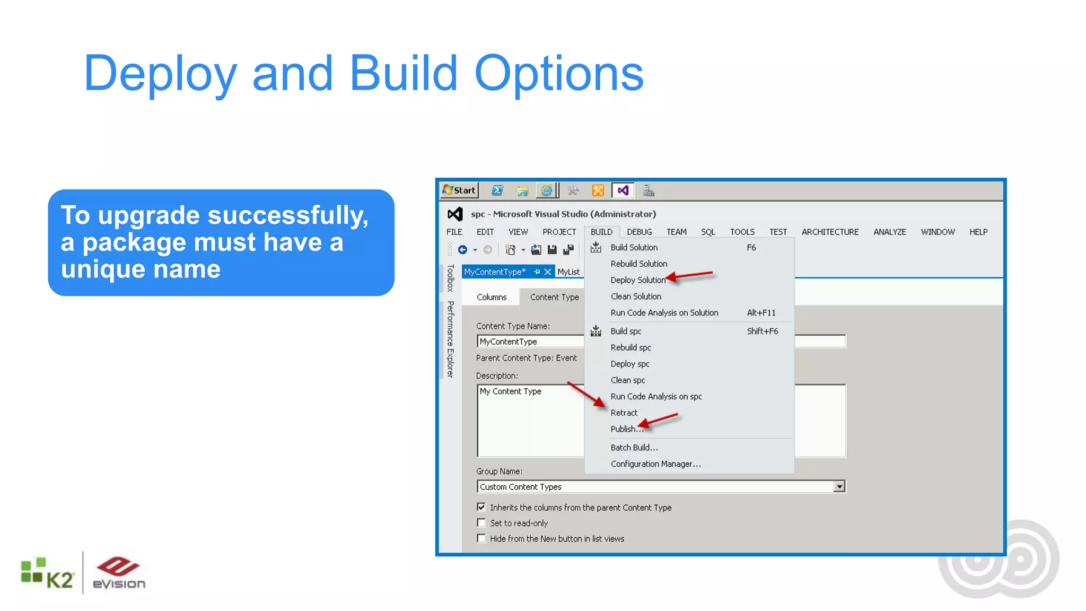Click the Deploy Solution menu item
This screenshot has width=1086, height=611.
click(637, 280)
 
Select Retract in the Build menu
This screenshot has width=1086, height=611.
click(624, 413)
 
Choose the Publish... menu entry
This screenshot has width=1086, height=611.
click(626, 429)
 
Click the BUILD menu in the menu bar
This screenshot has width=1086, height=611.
click(601, 232)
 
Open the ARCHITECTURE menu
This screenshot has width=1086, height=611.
click(830, 232)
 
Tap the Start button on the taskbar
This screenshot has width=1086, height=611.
click(460, 190)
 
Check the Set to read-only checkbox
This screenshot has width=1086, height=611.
click(481, 523)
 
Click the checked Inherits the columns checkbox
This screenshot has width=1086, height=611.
click(481, 507)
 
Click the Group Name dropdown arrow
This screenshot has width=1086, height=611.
click(839, 487)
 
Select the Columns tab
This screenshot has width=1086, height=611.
click(492, 297)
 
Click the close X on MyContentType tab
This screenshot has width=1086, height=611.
click(548, 272)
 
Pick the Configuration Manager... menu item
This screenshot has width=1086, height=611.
click(655, 464)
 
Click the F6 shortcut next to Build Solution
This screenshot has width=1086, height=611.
click(751, 248)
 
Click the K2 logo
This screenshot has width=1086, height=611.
click(47, 574)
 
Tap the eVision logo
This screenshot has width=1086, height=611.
click(119, 573)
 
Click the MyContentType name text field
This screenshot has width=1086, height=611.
click(530, 342)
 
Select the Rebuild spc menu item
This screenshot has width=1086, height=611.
click(630, 347)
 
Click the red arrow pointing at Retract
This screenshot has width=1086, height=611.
click(586, 394)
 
